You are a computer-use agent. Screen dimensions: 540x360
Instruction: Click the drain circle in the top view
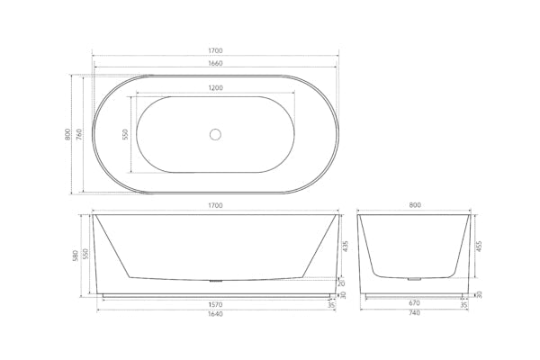215,134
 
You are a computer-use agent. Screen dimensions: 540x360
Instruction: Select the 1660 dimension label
215,63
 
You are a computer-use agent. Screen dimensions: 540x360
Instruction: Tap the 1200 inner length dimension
215,88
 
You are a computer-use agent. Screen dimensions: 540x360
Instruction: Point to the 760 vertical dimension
79,134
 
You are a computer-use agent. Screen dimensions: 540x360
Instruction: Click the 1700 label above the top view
215,50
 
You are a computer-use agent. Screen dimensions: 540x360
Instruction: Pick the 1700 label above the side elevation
215,206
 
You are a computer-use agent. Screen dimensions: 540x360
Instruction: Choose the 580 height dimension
76,256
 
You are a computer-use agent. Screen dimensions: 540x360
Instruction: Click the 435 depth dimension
346,247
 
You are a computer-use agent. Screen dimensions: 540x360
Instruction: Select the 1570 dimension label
215,305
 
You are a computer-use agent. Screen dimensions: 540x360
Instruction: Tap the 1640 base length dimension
215,314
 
